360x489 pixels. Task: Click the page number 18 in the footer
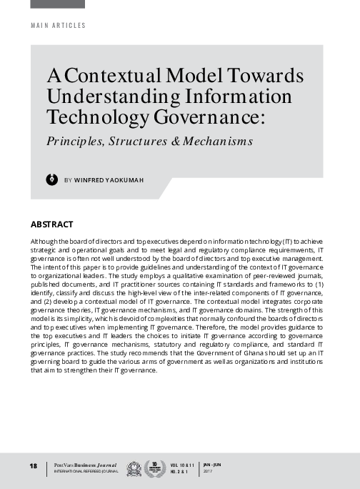pos(33,466)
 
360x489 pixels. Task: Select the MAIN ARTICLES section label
pos(58,26)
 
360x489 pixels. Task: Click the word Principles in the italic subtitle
pos(75,141)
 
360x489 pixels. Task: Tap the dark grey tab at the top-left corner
pos(57,4)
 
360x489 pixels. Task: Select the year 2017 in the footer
pos(209,472)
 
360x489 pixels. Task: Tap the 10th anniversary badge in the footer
pos(151,468)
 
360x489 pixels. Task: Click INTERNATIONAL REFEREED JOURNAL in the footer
pos(79,472)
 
